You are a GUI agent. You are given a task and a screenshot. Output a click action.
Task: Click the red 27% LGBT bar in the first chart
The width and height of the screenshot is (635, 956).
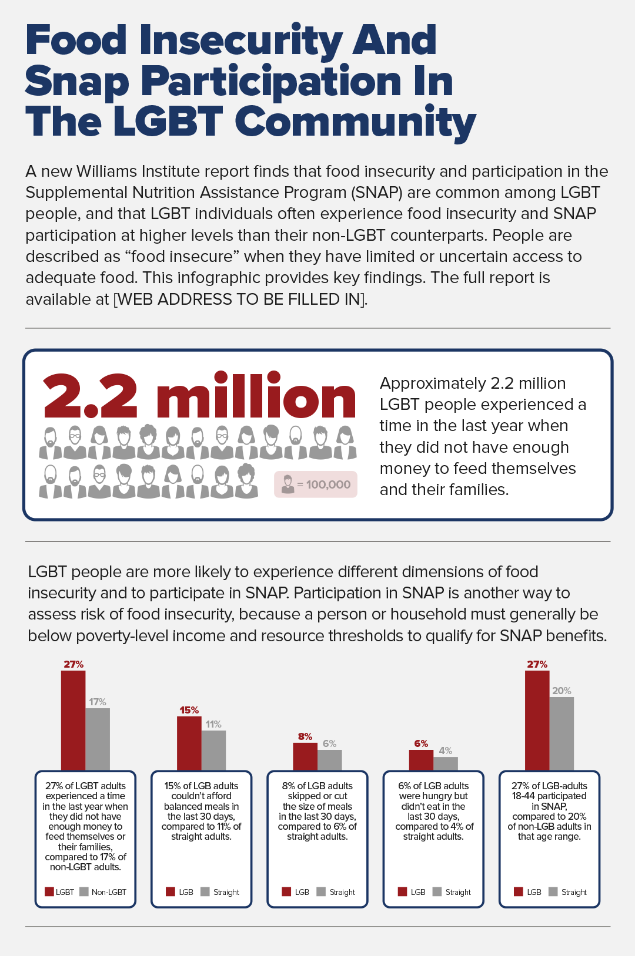[73, 720]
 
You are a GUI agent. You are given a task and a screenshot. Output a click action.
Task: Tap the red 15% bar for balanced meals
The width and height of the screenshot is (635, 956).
[189, 743]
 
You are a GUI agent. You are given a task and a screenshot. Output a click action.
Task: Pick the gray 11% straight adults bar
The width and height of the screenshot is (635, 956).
[213, 750]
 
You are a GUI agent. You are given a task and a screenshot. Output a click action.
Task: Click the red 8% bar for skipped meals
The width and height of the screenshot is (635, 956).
[305, 756]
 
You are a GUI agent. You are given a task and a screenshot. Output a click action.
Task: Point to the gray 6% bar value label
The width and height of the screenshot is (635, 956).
[329, 743]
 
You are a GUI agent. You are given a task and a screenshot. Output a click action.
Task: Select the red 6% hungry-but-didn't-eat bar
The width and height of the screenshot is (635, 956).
[421, 760]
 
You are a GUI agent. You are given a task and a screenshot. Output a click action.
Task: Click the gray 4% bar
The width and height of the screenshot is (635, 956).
[446, 763]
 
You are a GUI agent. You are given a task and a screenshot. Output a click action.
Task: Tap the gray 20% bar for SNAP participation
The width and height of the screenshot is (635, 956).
[562, 733]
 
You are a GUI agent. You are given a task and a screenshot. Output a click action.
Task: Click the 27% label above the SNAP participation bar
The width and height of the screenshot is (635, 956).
[537, 664]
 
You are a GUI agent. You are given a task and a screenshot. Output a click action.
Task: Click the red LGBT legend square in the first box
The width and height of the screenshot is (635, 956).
[50, 892]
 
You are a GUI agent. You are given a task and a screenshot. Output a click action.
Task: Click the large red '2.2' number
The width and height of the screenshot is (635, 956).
[90, 397]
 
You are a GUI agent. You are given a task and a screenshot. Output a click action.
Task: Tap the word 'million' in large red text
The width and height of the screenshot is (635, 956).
[256, 397]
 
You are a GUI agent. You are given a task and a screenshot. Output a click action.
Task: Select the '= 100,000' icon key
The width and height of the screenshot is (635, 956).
[316, 484]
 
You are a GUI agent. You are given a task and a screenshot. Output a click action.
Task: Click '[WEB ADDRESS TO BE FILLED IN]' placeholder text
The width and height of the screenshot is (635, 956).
[240, 299]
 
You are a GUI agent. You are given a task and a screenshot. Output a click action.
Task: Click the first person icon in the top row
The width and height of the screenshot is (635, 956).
[51, 443]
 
